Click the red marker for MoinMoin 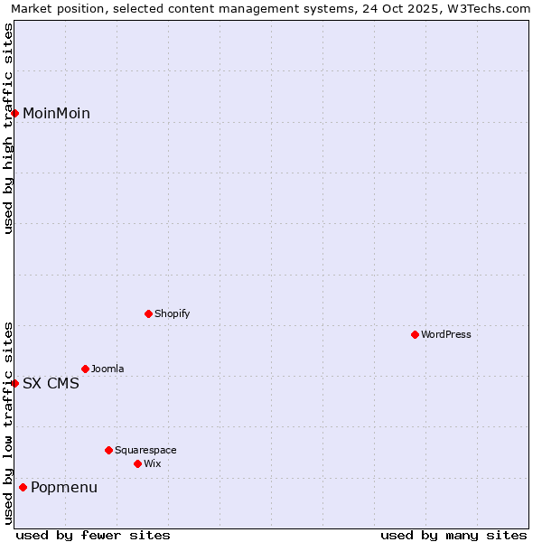[x=15, y=113]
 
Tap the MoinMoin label [x=56, y=113]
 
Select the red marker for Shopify [x=149, y=313]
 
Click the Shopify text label [x=172, y=313]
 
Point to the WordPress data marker [x=415, y=334]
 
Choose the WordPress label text [x=445, y=334]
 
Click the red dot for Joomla [x=86, y=369]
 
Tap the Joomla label [x=107, y=369]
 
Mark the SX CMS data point [x=15, y=383]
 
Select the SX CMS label [x=51, y=383]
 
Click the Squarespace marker [x=108, y=450]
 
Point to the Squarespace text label [x=145, y=450]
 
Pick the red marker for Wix [x=137, y=463]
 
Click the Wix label [x=152, y=463]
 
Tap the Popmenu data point [x=23, y=488]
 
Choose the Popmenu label [x=64, y=488]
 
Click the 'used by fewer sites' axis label [x=93, y=535]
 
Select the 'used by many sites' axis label [x=453, y=535]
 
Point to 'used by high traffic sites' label [x=8, y=128]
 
